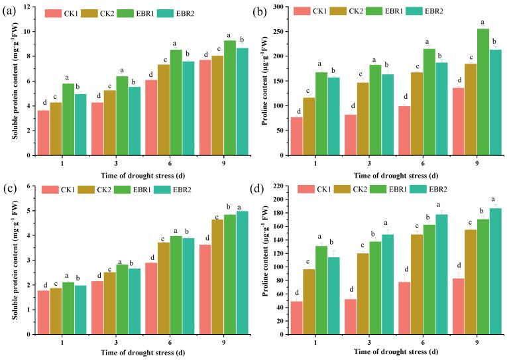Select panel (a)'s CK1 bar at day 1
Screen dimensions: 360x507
(43, 133)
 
